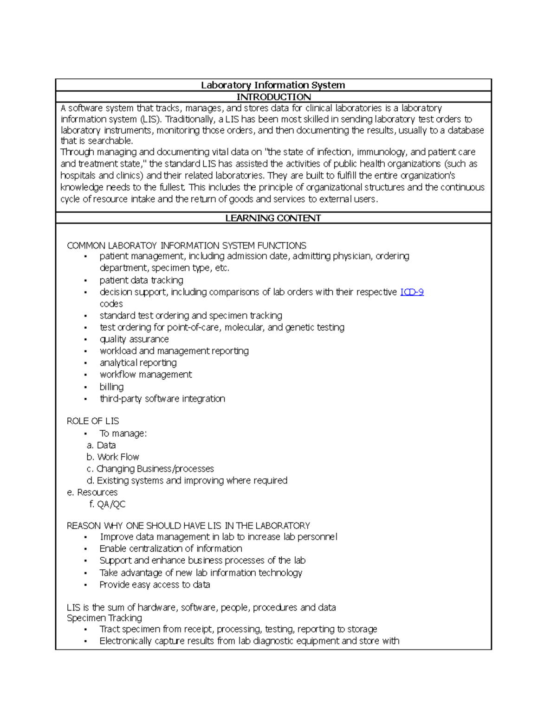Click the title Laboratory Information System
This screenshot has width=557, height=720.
click(x=273, y=85)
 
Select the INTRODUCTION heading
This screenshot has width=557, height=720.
click(x=273, y=96)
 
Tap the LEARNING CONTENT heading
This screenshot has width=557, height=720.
click(x=273, y=218)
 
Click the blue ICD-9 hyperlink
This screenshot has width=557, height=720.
click(x=412, y=292)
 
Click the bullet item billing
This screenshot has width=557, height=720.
click(x=111, y=387)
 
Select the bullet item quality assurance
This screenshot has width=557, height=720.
click(x=134, y=339)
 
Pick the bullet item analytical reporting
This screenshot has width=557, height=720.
click(x=138, y=363)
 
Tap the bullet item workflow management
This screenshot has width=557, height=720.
click(x=145, y=375)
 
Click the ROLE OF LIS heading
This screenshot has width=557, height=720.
click(x=93, y=421)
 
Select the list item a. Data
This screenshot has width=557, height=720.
click(x=101, y=445)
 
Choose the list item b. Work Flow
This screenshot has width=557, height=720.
click(x=113, y=457)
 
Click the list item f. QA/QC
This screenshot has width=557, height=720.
click(x=107, y=504)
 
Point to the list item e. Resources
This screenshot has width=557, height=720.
click(x=92, y=492)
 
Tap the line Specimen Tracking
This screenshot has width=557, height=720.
click(x=104, y=618)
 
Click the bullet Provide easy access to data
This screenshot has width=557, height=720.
click(x=155, y=585)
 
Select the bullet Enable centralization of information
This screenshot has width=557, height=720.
click(x=171, y=548)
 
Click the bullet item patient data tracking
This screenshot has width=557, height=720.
click(x=141, y=280)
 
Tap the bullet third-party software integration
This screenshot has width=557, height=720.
click(x=162, y=399)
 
